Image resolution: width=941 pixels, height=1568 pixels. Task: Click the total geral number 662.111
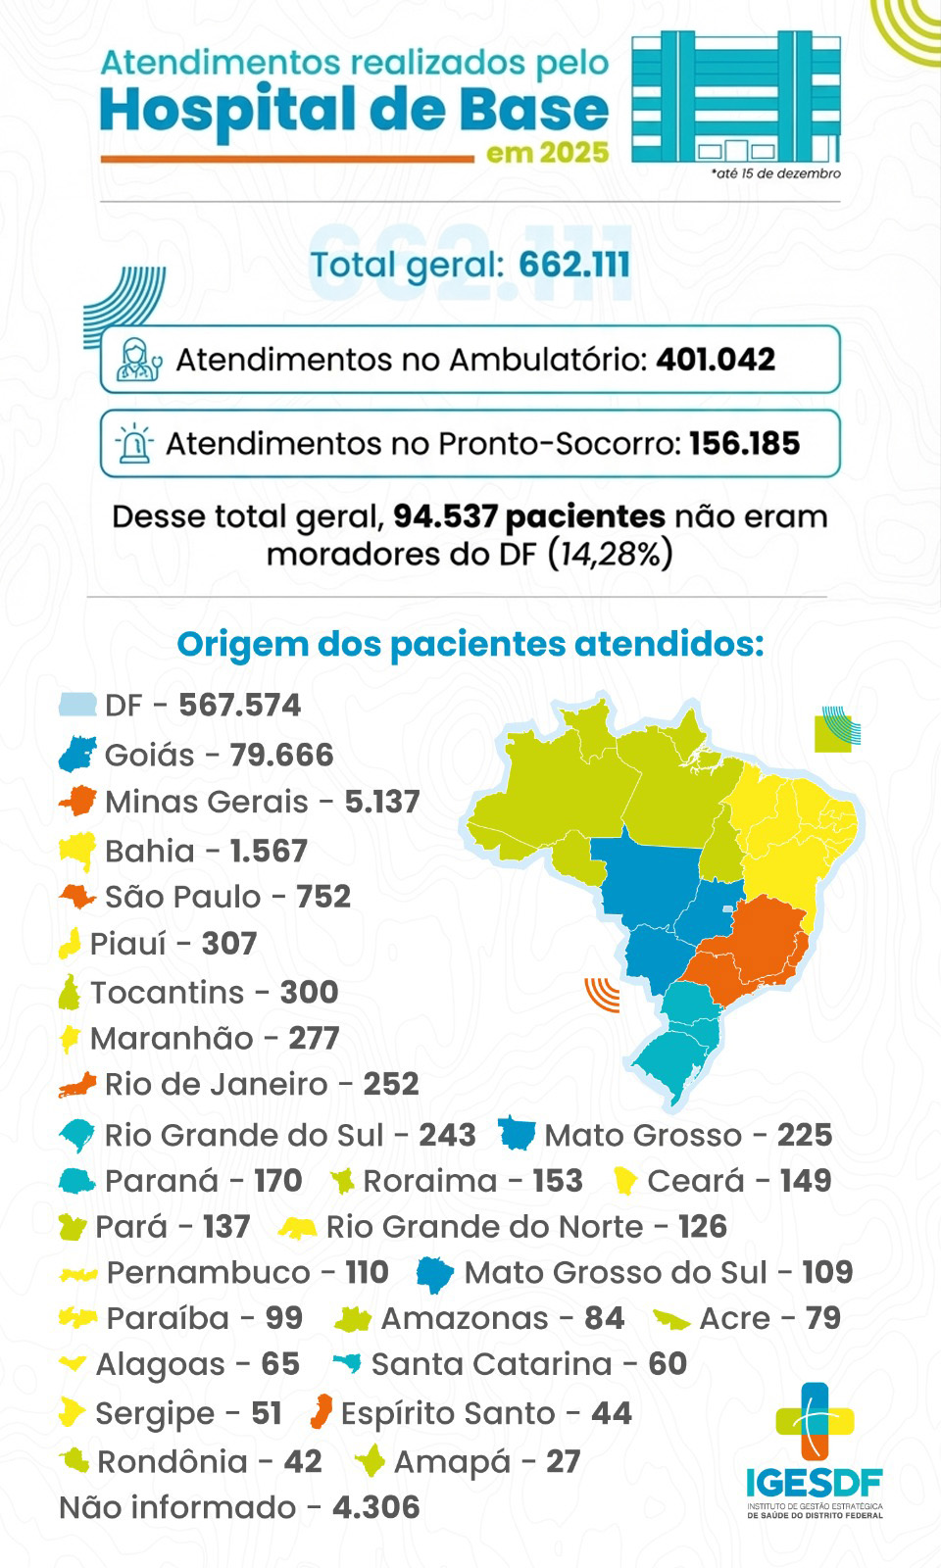click(574, 265)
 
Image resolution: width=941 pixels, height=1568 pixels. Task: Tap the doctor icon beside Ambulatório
click(138, 360)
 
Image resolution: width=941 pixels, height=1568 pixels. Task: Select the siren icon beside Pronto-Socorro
click(134, 444)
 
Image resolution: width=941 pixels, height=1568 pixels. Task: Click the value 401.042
click(716, 360)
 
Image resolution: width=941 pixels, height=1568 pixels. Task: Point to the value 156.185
click(744, 444)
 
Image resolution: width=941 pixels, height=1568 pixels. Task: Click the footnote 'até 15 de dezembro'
click(776, 173)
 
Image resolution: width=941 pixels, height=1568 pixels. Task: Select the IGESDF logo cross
click(815, 1421)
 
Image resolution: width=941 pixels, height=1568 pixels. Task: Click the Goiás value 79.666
click(281, 755)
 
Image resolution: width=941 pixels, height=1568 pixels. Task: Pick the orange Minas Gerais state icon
click(78, 801)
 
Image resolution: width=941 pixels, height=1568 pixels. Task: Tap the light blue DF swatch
click(77, 705)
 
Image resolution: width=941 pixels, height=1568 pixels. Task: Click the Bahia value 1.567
click(269, 851)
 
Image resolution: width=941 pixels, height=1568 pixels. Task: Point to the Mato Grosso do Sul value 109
click(827, 1272)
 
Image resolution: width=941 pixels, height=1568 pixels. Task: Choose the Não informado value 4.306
click(376, 1507)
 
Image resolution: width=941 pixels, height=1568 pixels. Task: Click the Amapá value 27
click(564, 1461)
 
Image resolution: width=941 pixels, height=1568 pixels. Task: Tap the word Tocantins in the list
click(167, 992)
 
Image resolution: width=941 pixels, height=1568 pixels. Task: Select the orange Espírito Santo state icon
click(321, 1412)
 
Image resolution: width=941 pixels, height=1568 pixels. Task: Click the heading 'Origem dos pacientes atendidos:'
click(470, 644)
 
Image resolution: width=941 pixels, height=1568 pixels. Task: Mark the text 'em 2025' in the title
click(547, 153)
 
